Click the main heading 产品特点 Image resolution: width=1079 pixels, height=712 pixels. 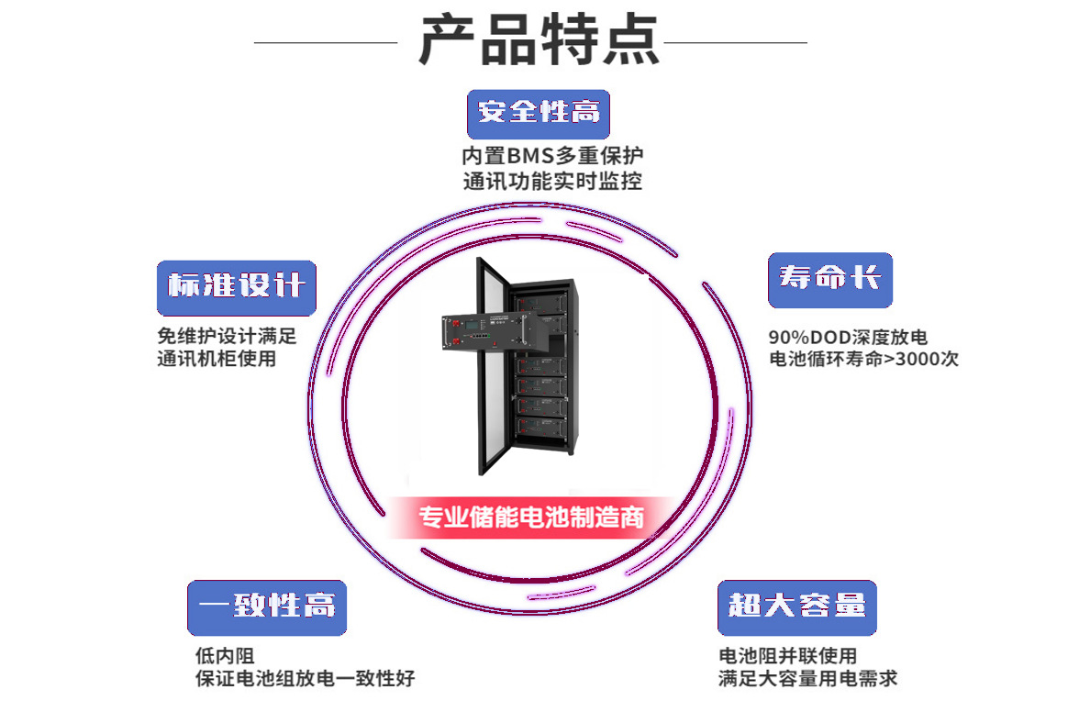click(539, 39)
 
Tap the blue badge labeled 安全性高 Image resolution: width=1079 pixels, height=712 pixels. click(539, 113)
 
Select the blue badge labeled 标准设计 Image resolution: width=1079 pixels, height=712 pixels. click(237, 286)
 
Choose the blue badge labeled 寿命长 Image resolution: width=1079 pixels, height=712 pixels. click(829, 278)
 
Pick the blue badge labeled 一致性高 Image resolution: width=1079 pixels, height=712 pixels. click(267, 606)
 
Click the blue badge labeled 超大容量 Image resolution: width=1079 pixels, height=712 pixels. click(796, 606)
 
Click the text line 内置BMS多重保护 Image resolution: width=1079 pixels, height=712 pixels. click(551, 156)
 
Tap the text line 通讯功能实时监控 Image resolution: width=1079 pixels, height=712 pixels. click(551, 181)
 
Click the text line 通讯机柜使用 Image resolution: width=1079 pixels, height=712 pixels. click(217, 359)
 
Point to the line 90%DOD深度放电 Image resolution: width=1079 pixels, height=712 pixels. click(848, 337)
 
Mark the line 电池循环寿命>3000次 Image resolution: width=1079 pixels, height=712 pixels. click(863, 359)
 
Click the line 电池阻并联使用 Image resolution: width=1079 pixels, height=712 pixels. click(787, 655)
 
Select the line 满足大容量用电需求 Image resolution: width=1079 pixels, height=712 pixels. click(807, 679)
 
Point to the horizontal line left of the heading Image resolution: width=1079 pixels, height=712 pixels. click(325, 42)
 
